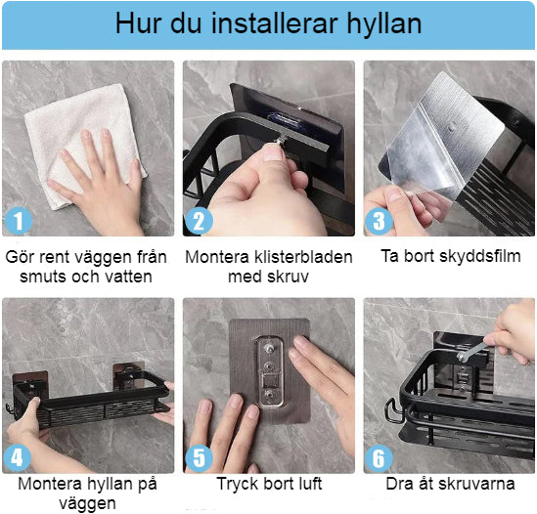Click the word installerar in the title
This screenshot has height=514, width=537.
(x=275, y=24)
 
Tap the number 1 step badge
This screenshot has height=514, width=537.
(x=19, y=221)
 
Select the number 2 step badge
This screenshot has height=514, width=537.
(x=199, y=221)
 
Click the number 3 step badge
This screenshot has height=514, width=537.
(x=379, y=221)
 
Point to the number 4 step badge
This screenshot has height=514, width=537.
(x=18, y=458)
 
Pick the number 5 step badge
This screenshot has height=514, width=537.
(x=199, y=458)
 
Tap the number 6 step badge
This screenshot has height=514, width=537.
(x=379, y=458)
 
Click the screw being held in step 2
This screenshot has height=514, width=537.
(x=282, y=140)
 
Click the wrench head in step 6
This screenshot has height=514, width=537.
(x=463, y=357)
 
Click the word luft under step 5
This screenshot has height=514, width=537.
(x=309, y=484)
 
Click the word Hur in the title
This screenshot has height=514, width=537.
(x=140, y=24)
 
